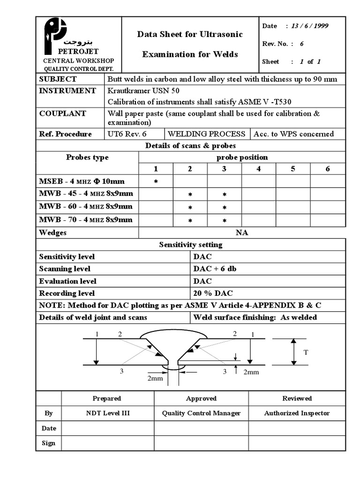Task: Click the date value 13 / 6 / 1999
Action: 309,26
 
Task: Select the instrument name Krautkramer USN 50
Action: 143,91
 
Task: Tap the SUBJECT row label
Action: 58,79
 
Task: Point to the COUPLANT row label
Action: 62,113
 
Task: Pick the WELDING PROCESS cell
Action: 207,134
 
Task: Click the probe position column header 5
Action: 293,169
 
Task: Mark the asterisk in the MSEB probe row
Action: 156,181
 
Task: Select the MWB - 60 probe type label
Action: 86,207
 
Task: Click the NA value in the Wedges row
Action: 242,233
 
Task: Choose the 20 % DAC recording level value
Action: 213,293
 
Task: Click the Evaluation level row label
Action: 68,281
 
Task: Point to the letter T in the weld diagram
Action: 306,352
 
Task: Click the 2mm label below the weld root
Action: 155,378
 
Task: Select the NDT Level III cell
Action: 107,413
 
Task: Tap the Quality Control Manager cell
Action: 201,413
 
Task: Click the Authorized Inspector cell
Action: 297,413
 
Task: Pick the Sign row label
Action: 48,443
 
